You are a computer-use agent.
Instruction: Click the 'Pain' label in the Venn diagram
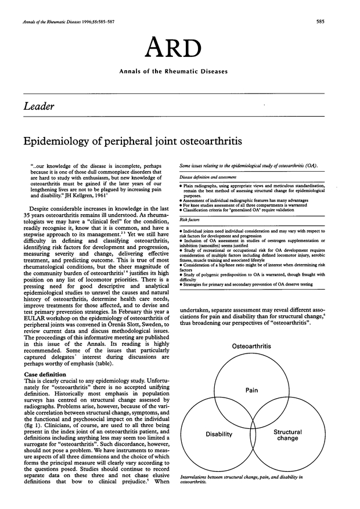(x=251, y=389)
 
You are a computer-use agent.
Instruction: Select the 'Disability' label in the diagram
(x=219, y=434)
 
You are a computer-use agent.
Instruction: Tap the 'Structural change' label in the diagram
(x=287, y=435)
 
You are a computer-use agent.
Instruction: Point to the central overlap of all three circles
(x=251, y=417)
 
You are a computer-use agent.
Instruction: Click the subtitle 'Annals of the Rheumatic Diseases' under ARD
(x=179, y=72)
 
